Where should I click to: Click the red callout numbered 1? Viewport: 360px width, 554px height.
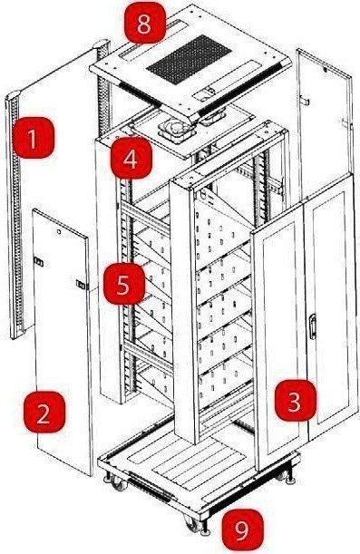(34, 138)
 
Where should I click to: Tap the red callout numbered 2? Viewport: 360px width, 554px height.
(44, 412)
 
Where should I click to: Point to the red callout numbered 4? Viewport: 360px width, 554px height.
(131, 158)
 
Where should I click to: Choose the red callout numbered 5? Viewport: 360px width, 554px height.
(124, 284)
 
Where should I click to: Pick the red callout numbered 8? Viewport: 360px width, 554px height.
(145, 23)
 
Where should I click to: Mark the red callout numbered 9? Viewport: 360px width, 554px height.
(243, 530)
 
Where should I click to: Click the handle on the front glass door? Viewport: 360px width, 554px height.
(312, 326)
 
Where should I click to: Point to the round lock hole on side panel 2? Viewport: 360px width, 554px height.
(59, 232)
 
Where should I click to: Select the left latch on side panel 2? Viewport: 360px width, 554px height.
(38, 262)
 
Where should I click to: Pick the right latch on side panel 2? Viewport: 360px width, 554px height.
(81, 284)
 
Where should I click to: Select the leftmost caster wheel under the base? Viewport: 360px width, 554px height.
(119, 483)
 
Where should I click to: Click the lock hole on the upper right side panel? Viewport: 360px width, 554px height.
(325, 70)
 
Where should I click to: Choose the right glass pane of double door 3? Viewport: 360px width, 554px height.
(332, 307)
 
